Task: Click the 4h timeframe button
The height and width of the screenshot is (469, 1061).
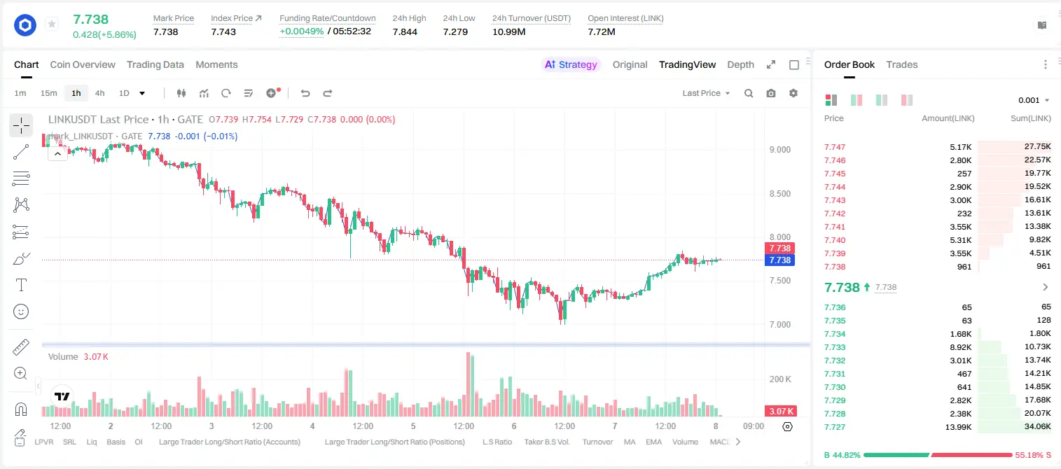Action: (x=99, y=93)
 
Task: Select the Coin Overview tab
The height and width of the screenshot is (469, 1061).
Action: (x=83, y=64)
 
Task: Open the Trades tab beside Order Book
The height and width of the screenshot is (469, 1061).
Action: (x=902, y=64)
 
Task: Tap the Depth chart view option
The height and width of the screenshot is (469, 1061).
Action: (x=740, y=64)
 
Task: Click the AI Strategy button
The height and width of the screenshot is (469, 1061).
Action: (x=571, y=64)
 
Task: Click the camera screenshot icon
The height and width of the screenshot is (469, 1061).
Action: (x=771, y=93)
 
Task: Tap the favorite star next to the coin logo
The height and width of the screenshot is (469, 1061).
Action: (x=52, y=24)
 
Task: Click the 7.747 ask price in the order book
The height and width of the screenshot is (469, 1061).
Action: (x=835, y=147)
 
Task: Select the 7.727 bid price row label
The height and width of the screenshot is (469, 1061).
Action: (x=835, y=427)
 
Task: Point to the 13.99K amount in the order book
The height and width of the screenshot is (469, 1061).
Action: (x=958, y=427)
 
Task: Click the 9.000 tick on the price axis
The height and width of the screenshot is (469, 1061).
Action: (x=780, y=150)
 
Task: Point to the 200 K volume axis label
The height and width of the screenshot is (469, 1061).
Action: (x=780, y=379)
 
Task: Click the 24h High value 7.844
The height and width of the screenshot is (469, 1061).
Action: (x=405, y=31)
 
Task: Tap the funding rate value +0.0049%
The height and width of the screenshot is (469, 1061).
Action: (x=302, y=31)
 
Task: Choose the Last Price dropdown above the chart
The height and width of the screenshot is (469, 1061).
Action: (x=706, y=93)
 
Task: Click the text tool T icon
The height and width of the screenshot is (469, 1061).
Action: (x=21, y=285)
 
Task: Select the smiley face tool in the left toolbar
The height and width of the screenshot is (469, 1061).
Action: (x=21, y=311)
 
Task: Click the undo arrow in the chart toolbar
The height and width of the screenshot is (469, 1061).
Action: (x=305, y=93)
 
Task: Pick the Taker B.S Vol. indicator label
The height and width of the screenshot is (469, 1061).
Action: (x=546, y=442)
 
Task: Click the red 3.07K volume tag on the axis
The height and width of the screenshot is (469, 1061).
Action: (x=781, y=412)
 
